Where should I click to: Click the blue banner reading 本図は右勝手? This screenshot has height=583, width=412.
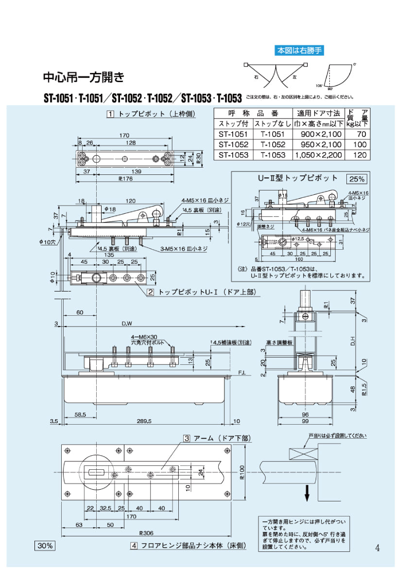(x=299, y=50)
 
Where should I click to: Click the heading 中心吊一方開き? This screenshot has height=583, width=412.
(x=84, y=78)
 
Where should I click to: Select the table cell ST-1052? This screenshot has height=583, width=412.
(x=233, y=144)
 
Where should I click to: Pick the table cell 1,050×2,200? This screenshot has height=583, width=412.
(x=318, y=155)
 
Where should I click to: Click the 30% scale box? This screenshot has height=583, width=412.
(x=45, y=546)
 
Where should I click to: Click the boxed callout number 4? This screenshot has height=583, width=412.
(x=133, y=546)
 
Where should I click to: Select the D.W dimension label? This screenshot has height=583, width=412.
(x=127, y=324)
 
